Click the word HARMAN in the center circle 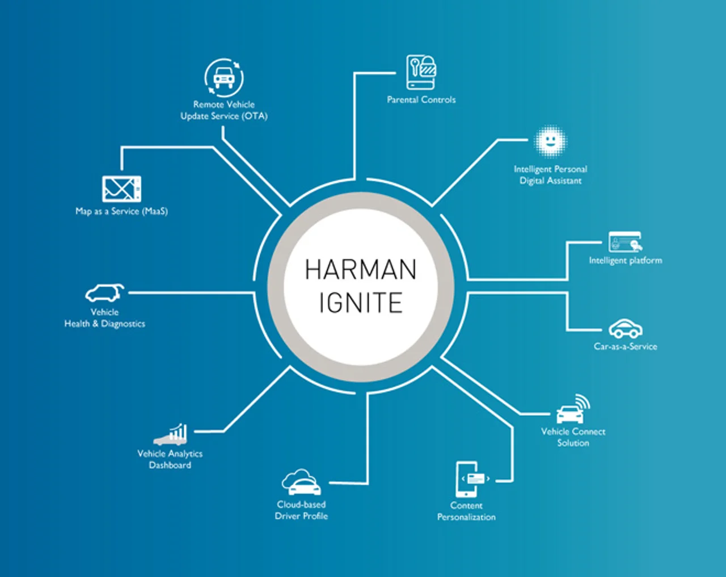(x=361, y=270)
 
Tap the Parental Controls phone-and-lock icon (x=421, y=72)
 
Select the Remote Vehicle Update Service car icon (x=223, y=78)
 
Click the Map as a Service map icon (x=121, y=189)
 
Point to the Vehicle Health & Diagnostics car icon (x=104, y=293)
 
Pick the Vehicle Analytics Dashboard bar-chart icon (x=170, y=434)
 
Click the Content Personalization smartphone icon (x=471, y=479)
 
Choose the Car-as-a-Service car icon (x=626, y=328)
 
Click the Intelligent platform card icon (x=625, y=242)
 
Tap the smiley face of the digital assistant (x=551, y=141)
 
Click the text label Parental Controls (x=421, y=99)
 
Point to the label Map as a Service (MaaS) (x=121, y=211)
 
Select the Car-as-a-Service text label (x=626, y=346)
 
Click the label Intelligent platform (x=626, y=261)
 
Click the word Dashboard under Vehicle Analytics (x=170, y=465)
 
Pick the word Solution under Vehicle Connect (x=573, y=443)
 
